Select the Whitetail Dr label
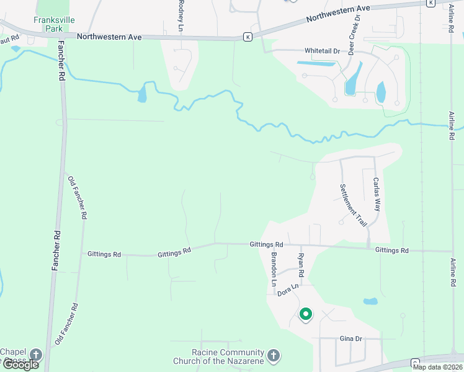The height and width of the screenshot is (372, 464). [x=323, y=50]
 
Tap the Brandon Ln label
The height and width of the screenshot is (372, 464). [x=273, y=268]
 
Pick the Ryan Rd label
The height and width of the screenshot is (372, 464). [x=301, y=265]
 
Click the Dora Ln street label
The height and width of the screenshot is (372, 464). [x=288, y=290]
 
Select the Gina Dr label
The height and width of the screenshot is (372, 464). [x=350, y=339]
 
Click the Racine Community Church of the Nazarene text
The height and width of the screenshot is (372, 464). [x=218, y=356]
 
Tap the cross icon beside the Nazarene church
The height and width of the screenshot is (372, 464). [x=274, y=356]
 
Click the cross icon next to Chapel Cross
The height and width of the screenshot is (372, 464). [x=36, y=355]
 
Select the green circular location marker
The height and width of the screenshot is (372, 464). [x=305, y=314]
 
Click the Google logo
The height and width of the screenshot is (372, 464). [x=20, y=365]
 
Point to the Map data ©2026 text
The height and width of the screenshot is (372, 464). [x=437, y=367]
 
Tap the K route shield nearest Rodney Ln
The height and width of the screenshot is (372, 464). [x=248, y=37]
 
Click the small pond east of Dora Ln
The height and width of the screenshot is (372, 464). [x=370, y=302]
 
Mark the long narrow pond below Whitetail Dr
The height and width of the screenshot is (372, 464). [x=316, y=63]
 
